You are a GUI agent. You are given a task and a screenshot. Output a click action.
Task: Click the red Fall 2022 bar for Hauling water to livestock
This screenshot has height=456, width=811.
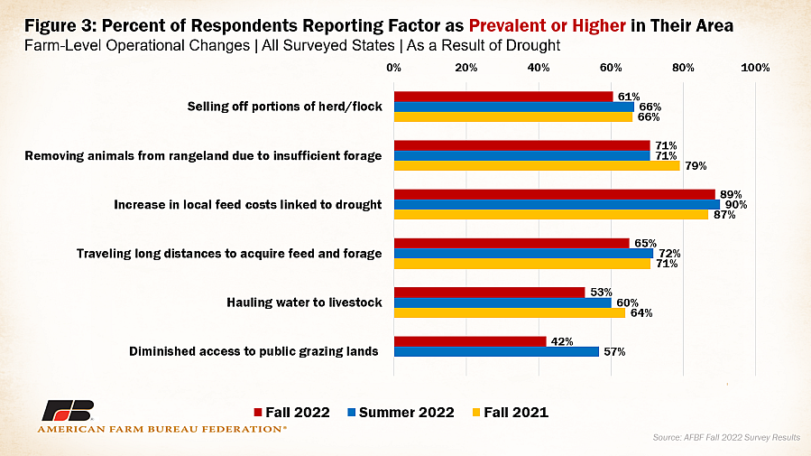tap(489, 293)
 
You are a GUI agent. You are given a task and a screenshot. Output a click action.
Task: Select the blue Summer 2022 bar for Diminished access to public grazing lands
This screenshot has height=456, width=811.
tap(496, 352)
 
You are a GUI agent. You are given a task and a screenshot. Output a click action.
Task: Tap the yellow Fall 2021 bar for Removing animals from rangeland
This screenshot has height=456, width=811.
tap(537, 165)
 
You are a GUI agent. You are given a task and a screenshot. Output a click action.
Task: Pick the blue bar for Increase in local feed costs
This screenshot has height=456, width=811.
tap(557, 204)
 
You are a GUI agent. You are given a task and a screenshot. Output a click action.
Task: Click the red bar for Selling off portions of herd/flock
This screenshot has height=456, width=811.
tap(503, 97)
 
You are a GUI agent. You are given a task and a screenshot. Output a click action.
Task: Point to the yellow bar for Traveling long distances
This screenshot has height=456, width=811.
tap(522, 264)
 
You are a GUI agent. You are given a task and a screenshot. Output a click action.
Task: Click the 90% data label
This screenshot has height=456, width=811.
tap(736, 204)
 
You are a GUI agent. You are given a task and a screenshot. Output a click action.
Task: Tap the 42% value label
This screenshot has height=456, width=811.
tap(562, 341)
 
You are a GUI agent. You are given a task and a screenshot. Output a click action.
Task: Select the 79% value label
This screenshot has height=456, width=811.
tap(696, 166)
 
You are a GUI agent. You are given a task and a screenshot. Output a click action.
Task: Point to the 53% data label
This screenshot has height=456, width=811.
tap(601, 293)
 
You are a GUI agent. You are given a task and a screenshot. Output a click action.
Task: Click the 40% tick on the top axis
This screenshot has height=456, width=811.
tap(539, 68)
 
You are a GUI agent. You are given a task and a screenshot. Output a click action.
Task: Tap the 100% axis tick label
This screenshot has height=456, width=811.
tap(755, 68)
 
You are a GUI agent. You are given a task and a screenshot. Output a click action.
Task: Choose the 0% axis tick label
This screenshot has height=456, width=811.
tap(393, 68)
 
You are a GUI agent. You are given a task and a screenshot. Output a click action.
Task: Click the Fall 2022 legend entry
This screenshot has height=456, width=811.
tap(291, 413)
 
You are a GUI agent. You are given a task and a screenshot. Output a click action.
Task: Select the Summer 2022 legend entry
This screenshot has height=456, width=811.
tap(401, 413)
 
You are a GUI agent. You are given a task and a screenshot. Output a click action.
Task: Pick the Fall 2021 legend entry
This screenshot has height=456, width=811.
tap(511, 413)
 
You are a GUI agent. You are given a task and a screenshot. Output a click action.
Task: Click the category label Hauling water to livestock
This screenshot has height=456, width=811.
tap(304, 302)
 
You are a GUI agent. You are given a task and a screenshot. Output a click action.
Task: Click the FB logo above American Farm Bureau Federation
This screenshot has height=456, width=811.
tap(68, 411)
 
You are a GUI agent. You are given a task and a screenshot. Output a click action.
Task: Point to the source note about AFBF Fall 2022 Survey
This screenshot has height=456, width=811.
tap(726, 437)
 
